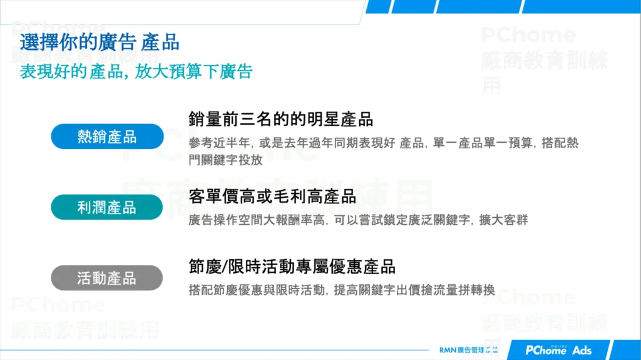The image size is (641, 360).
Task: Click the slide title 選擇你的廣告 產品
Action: (x=100, y=43)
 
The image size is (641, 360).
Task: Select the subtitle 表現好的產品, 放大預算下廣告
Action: (x=136, y=72)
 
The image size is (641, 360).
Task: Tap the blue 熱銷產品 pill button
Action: (x=107, y=136)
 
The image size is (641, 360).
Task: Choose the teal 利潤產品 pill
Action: (x=107, y=207)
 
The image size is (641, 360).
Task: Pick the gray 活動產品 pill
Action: (x=107, y=278)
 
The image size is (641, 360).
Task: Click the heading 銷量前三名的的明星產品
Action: (x=280, y=119)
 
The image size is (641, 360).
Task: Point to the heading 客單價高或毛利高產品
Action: (x=272, y=197)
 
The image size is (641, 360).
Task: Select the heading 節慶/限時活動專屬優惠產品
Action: (x=292, y=267)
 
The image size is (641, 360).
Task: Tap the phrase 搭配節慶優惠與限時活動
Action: (x=257, y=291)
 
